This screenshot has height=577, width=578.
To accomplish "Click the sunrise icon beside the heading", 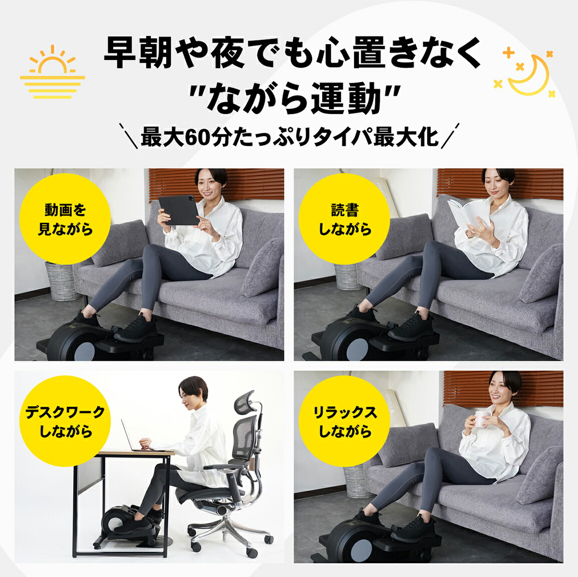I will [x=52, y=71].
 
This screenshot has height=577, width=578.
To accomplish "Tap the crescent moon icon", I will [x=528, y=74].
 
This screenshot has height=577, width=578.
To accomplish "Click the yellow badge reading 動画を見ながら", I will [x=65, y=219].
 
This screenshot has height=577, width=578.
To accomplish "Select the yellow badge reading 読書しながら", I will [x=345, y=219].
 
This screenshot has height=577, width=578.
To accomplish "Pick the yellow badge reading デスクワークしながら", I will [x=65, y=421].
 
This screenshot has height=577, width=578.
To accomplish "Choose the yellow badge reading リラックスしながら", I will [x=345, y=421].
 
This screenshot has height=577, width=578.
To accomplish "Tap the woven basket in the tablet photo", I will [x=62, y=280].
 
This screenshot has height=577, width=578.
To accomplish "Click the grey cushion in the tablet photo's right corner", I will [x=262, y=268].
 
